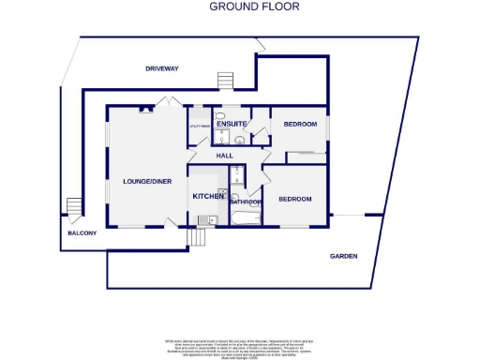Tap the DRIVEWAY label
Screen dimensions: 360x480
pyautogui.click(x=161, y=68)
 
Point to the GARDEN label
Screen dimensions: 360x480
pyautogui.click(x=343, y=256)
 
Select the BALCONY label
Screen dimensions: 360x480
pyautogui.click(x=82, y=233)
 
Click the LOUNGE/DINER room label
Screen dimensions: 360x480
pyautogui.click(x=147, y=181)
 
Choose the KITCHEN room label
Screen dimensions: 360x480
pyautogui.click(x=208, y=197)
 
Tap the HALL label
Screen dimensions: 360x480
pyautogui.click(x=224, y=155)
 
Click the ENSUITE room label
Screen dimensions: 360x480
pyautogui.click(x=231, y=124)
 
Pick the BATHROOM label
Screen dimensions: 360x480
pyautogui.click(x=246, y=202)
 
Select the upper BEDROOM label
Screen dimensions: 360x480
pyautogui.click(x=301, y=124)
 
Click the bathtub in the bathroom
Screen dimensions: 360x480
pyautogui.click(x=246, y=218)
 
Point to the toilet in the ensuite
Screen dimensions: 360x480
pyautogui.click(x=239, y=141)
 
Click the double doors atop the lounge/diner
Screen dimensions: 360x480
pyautogui.click(x=167, y=101)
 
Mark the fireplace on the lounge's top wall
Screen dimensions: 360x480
pyautogui.click(x=144, y=108)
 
